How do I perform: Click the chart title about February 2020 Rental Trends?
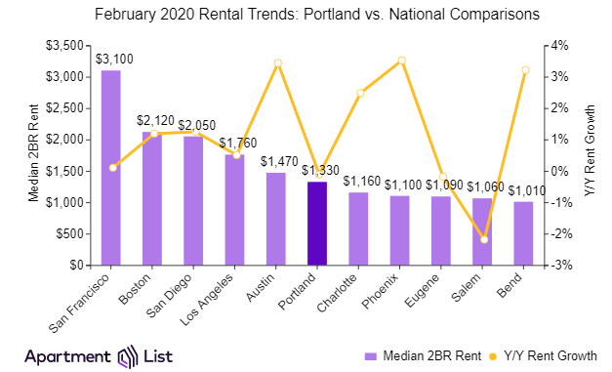pos(306,16)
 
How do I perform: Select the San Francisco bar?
pos(111,168)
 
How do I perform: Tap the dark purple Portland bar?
pos(317,224)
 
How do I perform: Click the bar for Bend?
pos(524,233)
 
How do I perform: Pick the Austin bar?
pos(276,219)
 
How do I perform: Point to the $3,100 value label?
pos(114,59)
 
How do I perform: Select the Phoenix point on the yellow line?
pos(401,61)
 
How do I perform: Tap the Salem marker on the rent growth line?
pos(484,239)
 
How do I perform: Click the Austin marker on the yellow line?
pos(277,63)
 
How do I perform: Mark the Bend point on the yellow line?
pos(525,70)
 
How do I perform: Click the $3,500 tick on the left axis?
pos(67,46)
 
